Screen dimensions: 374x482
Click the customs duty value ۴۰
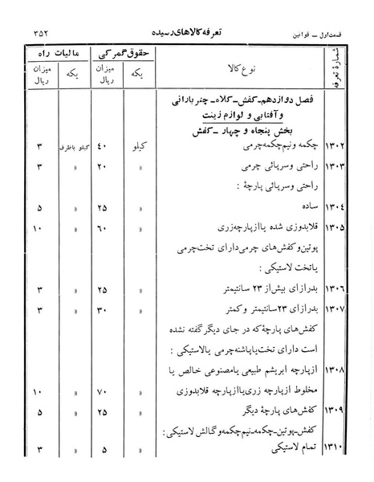pos(101,148)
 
